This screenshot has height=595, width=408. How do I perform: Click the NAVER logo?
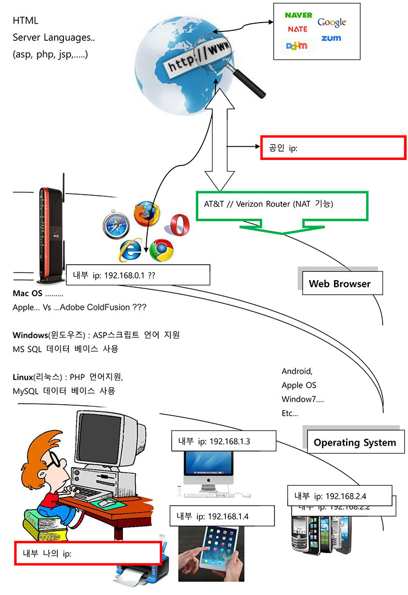298,15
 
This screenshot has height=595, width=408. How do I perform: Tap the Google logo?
331,22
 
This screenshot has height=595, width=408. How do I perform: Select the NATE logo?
298,29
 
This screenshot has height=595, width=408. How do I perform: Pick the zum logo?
331,38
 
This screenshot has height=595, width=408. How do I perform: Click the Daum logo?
297,46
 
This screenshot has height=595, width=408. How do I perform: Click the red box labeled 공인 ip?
332,148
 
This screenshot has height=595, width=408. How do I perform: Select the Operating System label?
355,442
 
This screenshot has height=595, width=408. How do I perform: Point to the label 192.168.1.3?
223,441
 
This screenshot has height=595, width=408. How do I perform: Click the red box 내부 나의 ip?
88,554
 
